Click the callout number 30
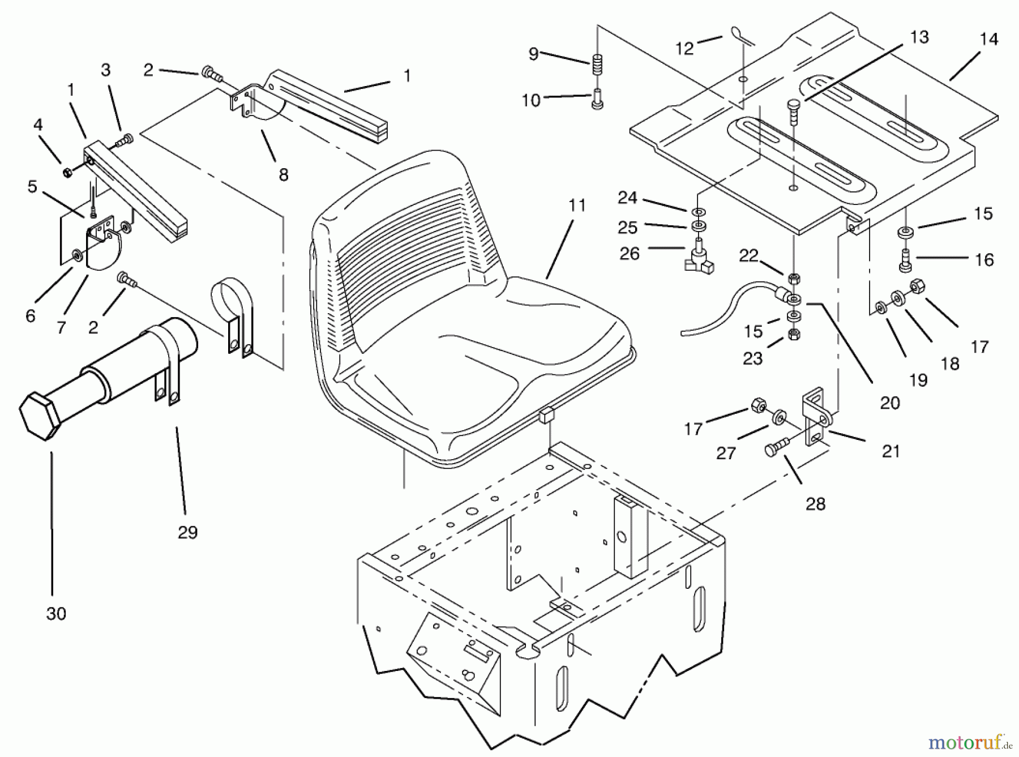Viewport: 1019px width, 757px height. coord(56,613)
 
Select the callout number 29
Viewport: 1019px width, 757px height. coord(187,532)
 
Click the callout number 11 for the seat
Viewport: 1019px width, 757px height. coord(577,205)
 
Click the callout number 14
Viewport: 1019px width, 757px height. coord(989,39)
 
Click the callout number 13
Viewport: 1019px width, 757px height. coord(919,37)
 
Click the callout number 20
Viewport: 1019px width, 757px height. coord(890,403)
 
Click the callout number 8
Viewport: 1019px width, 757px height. coord(283,175)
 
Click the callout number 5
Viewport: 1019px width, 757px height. coord(32,186)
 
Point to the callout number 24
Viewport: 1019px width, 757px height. coord(627,198)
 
